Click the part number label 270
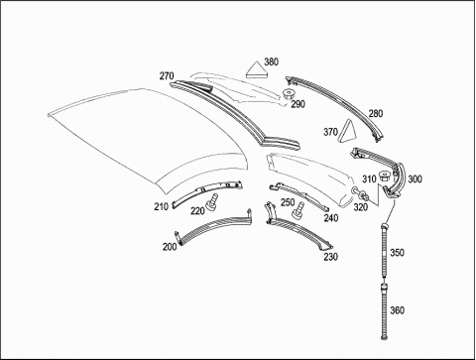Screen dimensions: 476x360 (167, 76)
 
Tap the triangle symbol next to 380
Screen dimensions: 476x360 (257, 70)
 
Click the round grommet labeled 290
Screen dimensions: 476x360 (289, 94)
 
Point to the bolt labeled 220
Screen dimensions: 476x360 (212, 201)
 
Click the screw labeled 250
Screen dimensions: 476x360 (298, 210)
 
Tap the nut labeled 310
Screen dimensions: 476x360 (385, 177)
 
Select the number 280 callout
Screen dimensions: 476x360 (376, 114)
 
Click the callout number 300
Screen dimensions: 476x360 (415, 180)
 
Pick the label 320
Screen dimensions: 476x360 (361, 207)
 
